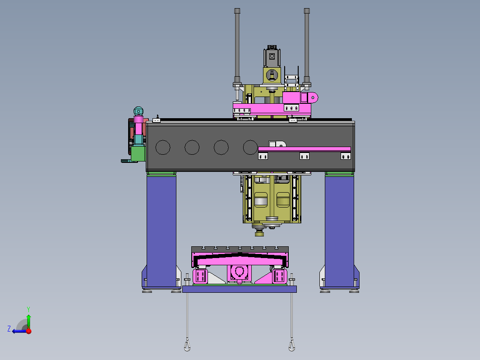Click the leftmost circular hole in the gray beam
(162, 148)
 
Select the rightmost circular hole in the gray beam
(250, 148)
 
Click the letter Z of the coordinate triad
(9, 329)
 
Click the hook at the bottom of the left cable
(187, 345)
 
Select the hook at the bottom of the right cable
(292, 345)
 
